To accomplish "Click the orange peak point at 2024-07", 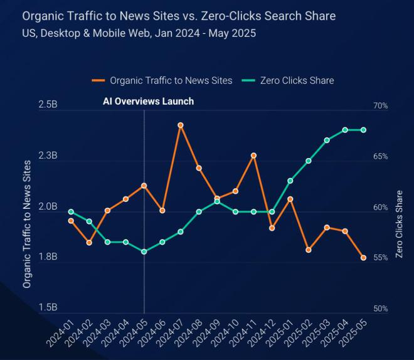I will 181,125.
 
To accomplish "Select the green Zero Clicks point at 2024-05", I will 144,251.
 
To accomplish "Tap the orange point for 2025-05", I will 363,257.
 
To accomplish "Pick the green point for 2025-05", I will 363,130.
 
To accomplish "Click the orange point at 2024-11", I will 253,156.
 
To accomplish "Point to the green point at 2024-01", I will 71,211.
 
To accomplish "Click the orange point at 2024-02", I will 89,242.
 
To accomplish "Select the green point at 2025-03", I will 327,140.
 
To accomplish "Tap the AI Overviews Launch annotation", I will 148,101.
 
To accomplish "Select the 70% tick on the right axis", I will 380,106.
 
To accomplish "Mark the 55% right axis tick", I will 380,258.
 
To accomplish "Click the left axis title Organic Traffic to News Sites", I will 27,224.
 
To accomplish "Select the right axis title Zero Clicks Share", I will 399,224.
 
